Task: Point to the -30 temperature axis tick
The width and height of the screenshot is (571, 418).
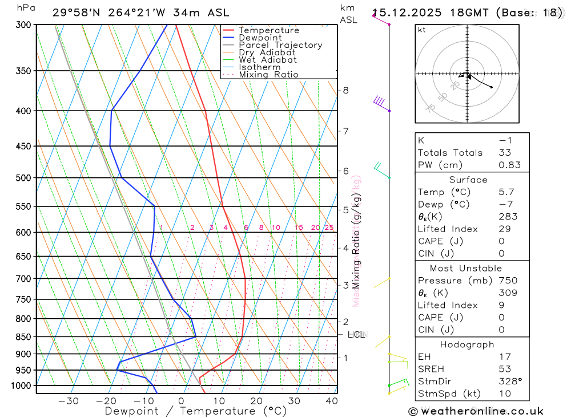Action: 69,401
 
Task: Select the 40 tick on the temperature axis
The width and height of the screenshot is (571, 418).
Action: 331,401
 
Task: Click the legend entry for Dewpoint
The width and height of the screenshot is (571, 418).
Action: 260,38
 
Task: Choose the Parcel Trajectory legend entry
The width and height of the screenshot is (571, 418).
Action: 280,45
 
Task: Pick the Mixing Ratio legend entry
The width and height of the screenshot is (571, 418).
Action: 268,75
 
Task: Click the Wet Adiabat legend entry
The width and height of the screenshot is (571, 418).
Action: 267,60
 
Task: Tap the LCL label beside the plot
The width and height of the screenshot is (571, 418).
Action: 356,335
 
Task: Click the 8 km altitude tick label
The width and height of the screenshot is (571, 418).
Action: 346,90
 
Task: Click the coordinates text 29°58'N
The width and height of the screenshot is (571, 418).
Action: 77,13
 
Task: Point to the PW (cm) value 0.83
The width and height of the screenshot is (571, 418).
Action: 509,165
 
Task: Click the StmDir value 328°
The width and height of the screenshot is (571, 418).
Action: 509,382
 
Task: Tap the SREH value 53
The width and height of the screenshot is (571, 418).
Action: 505,369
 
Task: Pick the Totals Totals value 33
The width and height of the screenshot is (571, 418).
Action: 505,152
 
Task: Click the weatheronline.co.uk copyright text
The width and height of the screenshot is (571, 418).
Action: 476,411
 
